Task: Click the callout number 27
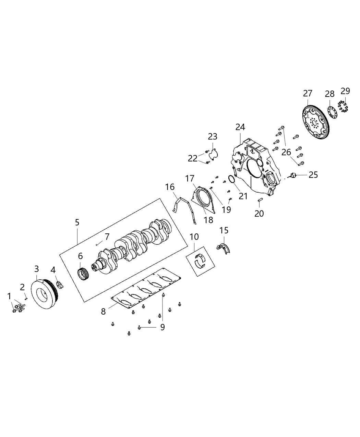pos(308,93)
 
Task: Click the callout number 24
pos(240,127)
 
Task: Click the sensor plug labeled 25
pos(292,175)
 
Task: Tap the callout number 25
pos(313,175)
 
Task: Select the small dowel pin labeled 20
pos(259,200)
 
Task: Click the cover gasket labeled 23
pos(214,154)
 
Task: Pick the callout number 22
pos(192,158)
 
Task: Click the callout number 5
pos(77,222)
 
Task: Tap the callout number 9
pos(163,327)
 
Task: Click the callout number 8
pos(103,312)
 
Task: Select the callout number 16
pos(170,187)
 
